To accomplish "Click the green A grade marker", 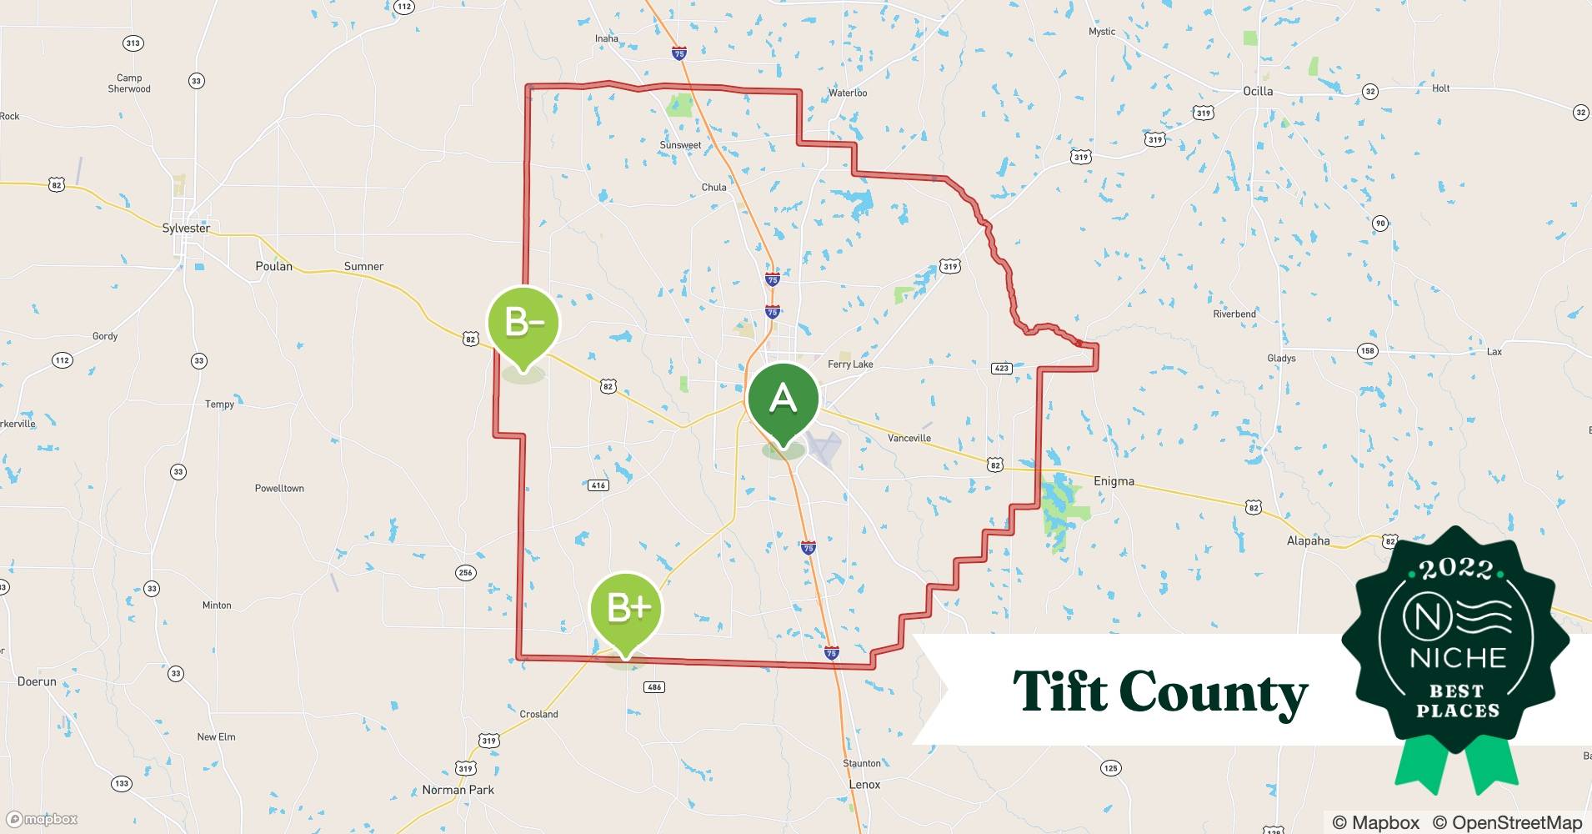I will [x=783, y=401].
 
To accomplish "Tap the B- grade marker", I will [x=523, y=323].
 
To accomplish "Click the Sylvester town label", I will [x=186, y=228].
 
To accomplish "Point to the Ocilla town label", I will [x=1258, y=91].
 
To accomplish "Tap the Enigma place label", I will [x=1114, y=481].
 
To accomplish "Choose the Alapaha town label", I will [x=1308, y=540].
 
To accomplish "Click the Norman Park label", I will [x=458, y=790].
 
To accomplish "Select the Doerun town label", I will [x=37, y=681].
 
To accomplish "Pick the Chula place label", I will [x=713, y=187].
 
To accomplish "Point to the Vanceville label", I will [x=909, y=438].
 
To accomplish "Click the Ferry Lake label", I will [x=850, y=364].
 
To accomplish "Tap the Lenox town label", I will [x=864, y=785].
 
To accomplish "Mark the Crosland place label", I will [x=538, y=714].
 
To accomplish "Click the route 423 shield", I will [x=1001, y=368].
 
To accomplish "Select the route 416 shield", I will [x=598, y=485].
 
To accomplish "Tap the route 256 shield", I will [x=465, y=572].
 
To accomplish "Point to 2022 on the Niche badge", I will [x=1457, y=570].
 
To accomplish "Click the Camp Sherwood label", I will [x=129, y=83].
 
